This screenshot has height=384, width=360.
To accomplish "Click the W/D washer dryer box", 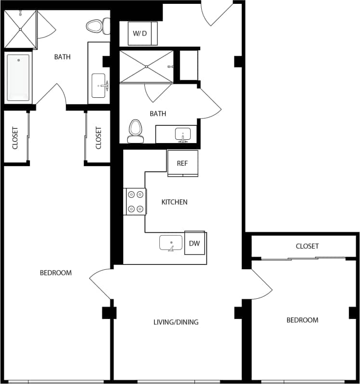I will click(x=140, y=34).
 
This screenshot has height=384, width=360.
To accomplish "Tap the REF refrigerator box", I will click(x=182, y=163).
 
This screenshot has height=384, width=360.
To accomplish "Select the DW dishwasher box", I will click(x=194, y=243).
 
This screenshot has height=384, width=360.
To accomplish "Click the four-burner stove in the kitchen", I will click(x=135, y=201).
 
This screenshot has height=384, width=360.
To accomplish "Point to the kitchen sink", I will click(x=171, y=242).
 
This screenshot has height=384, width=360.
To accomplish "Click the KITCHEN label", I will click(x=174, y=202).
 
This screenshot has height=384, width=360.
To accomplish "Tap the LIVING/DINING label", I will click(x=176, y=322).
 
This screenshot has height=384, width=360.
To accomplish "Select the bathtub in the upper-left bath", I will click(x=18, y=77).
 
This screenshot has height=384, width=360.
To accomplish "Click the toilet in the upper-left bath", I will click(x=96, y=26).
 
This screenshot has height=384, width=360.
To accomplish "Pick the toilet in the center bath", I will click(x=135, y=131).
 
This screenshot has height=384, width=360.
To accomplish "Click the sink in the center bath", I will click(x=182, y=134).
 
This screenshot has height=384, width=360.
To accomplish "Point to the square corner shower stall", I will click(x=20, y=29).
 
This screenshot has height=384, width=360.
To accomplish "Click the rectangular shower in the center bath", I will click(x=146, y=66).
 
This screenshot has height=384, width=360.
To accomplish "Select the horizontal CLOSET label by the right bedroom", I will click(x=307, y=246).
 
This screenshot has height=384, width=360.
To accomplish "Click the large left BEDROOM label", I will click(x=56, y=273).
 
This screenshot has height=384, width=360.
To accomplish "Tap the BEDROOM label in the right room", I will click(x=302, y=320).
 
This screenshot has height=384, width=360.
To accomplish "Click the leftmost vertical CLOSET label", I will click(x=14, y=138).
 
